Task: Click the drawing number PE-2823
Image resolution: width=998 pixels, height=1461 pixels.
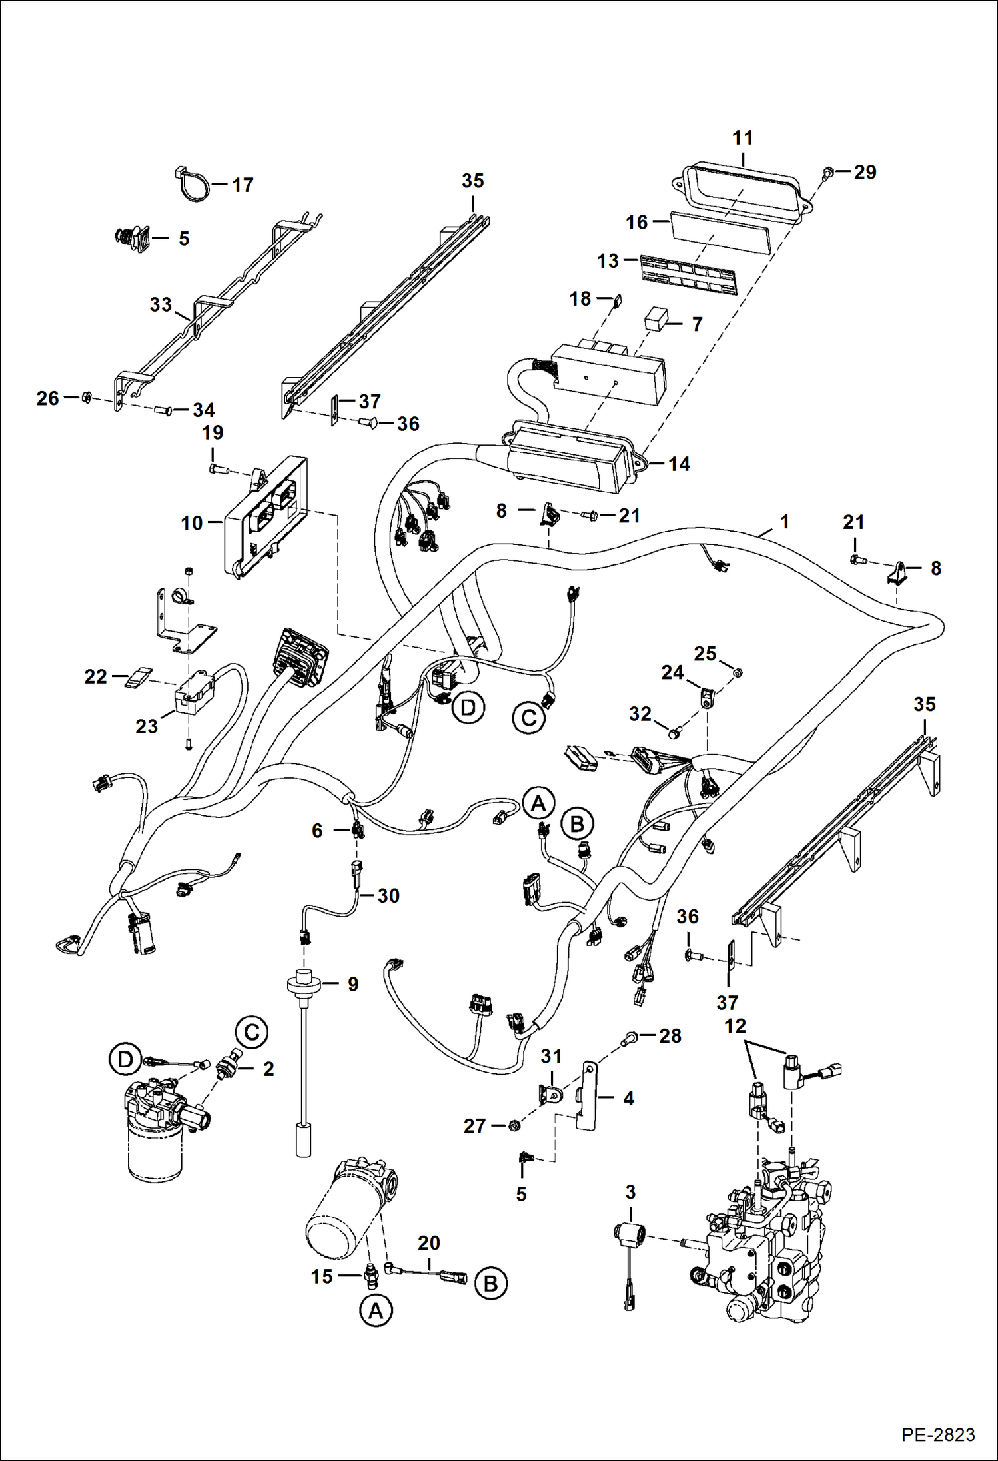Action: coord(938,1434)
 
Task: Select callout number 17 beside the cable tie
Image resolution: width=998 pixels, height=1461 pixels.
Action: coord(243,185)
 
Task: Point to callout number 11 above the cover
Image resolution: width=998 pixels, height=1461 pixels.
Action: coord(743,138)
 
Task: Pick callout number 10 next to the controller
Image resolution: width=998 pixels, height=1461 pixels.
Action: coord(192,523)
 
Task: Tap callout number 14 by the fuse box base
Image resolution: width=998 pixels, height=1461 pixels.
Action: coord(679,464)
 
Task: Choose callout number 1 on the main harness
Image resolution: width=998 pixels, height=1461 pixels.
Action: coord(785,522)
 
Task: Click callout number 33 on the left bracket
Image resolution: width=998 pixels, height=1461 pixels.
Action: coord(161,305)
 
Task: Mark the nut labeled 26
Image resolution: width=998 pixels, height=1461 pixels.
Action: coord(87,398)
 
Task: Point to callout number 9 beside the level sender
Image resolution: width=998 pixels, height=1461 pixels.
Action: coord(353,984)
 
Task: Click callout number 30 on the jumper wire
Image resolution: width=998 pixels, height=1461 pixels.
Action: coord(388,896)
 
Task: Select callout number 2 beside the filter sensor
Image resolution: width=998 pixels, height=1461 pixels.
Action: coord(268,1069)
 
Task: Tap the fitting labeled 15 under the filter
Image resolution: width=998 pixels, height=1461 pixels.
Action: coord(372,1276)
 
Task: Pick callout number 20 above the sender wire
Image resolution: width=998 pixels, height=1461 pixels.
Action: coord(429,1243)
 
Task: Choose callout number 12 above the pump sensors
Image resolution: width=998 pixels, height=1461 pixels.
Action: coord(735,1027)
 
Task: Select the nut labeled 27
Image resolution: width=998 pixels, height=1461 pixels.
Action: coord(514,1125)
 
